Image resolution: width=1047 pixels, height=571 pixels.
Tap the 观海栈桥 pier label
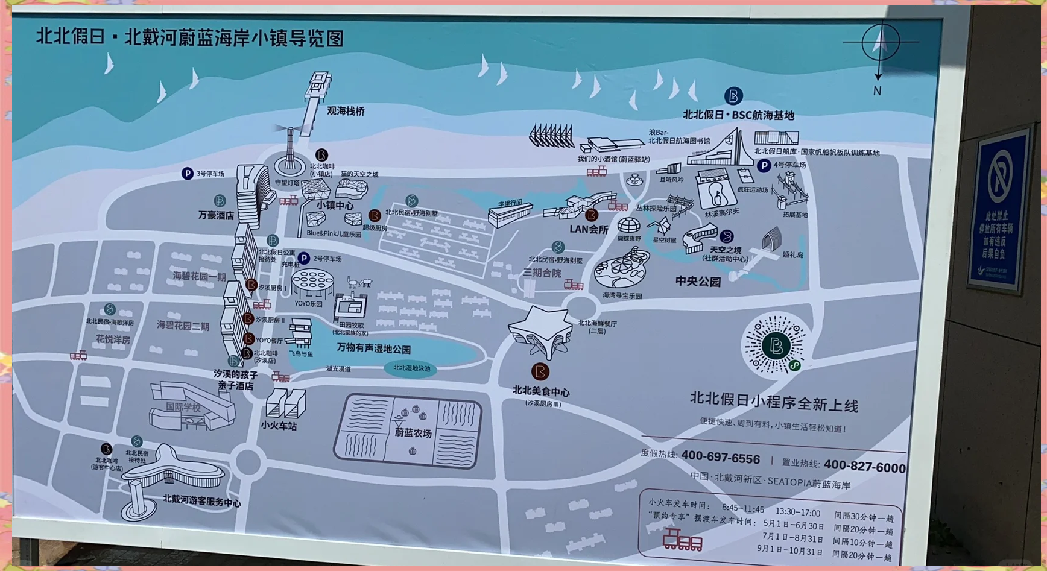click(346, 111)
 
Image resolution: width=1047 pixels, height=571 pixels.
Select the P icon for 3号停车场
click(188, 174)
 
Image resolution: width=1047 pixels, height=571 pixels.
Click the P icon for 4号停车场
click(764, 165)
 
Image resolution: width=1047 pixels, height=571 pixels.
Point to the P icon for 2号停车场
click(304, 259)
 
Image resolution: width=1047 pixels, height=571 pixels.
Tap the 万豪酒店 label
click(216, 215)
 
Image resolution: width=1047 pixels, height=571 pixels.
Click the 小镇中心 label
click(335, 206)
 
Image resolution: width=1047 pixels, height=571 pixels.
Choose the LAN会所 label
click(589, 229)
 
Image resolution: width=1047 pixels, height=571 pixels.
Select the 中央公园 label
click(698, 282)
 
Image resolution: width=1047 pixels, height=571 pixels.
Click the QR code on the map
click(776, 345)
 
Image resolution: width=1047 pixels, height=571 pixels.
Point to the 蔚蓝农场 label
click(413, 433)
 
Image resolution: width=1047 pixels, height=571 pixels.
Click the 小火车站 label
click(279, 426)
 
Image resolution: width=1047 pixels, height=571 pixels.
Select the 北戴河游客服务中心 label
click(201, 501)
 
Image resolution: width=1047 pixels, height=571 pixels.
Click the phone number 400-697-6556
click(720, 458)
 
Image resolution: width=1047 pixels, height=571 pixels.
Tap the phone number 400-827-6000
click(864, 466)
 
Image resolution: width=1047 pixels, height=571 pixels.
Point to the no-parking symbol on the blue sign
click(999, 175)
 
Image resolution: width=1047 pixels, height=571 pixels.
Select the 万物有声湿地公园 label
click(373, 349)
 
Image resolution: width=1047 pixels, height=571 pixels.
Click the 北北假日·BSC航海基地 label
click(738, 115)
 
